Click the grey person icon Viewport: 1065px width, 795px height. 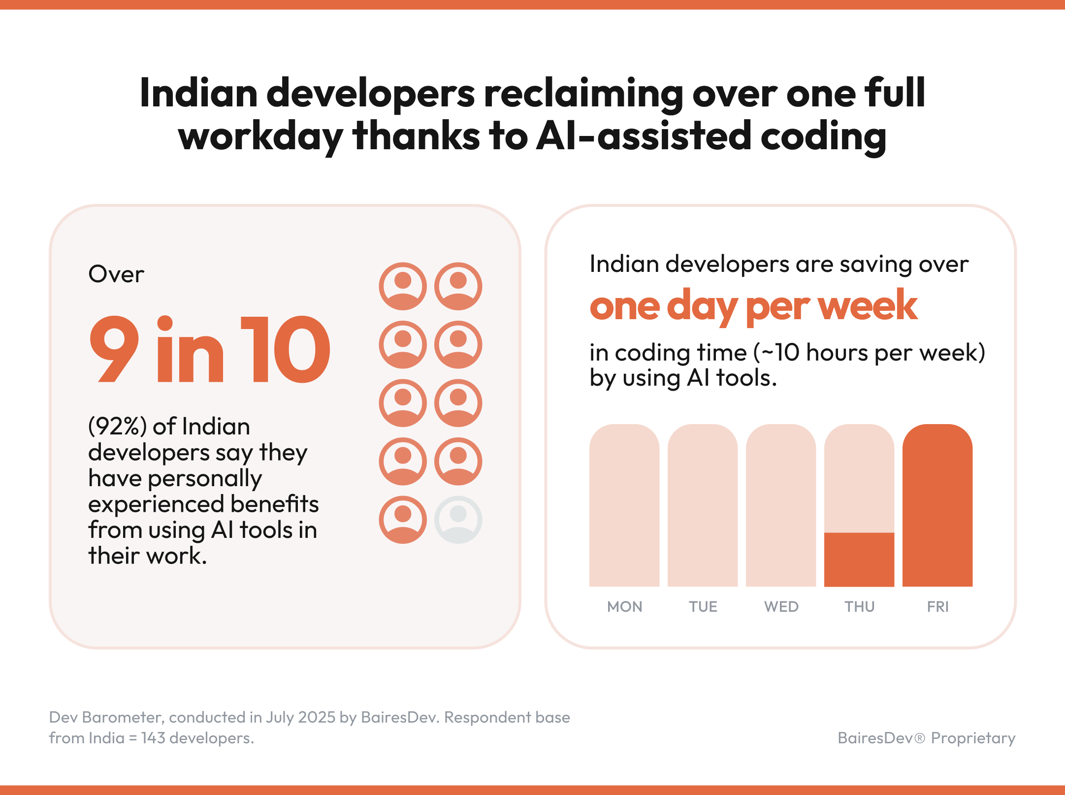click(458, 520)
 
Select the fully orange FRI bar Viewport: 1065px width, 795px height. click(937, 507)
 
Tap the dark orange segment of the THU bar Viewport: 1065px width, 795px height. click(859, 560)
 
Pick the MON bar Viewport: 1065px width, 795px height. click(624, 507)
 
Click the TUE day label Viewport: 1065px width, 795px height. click(703, 606)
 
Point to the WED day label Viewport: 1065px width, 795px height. click(781, 606)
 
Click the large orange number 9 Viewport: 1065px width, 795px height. click(115, 350)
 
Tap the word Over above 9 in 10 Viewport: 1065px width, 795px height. click(116, 274)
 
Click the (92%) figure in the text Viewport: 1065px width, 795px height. click(117, 427)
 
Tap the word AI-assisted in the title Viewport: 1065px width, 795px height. click(643, 136)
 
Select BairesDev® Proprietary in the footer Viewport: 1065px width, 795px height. click(926, 738)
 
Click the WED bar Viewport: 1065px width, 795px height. click(780, 507)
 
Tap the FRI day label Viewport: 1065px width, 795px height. click(937, 606)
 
